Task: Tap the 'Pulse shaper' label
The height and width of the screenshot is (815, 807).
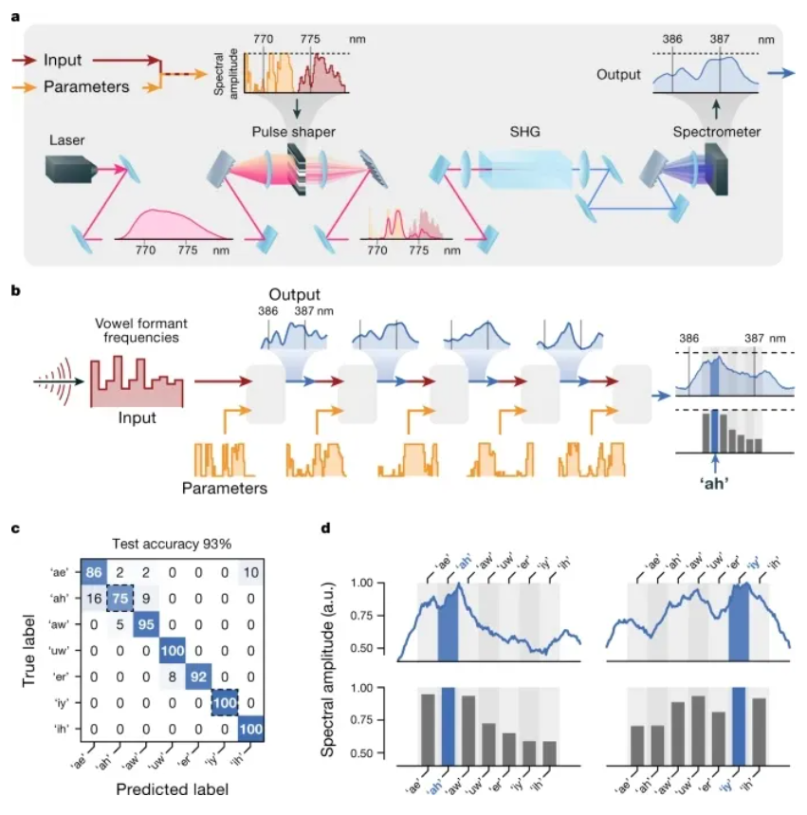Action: pyautogui.click(x=294, y=132)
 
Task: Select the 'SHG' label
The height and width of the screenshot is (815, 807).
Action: pyautogui.click(x=524, y=132)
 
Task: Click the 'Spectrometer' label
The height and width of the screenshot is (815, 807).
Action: pyautogui.click(x=717, y=132)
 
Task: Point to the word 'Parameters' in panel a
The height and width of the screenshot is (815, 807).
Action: pyautogui.click(x=86, y=86)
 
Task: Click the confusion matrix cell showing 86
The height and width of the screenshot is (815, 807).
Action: pyautogui.click(x=94, y=572)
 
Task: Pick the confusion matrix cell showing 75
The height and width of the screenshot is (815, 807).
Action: pyautogui.click(x=120, y=599)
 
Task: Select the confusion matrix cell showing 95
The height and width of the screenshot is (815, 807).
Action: pyautogui.click(x=146, y=624)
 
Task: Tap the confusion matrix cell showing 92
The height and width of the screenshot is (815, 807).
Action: pyautogui.click(x=198, y=676)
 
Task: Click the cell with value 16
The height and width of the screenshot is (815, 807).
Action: pyautogui.click(x=94, y=599)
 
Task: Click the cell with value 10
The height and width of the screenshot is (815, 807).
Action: pyautogui.click(x=251, y=572)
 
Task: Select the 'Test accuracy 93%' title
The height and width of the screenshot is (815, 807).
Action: pyautogui.click(x=172, y=545)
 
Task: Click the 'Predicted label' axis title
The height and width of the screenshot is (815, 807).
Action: pyautogui.click(x=172, y=789)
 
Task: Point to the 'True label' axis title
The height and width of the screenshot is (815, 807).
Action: pyautogui.click(x=28, y=651)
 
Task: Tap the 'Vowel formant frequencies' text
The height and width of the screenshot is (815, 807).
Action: pyautogui.click(x=141, y=330)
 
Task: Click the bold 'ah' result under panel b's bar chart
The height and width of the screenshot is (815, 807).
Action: pyautogui.click(x=714, y=484)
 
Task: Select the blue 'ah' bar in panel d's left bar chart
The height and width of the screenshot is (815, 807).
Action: pyautogui.click(x=448, y=726)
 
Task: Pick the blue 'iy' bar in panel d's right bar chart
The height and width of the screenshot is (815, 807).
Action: pyautogui.click(x=739, y=726)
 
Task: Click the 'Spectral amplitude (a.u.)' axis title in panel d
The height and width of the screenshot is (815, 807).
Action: pyautogui.click(x=327, y=670)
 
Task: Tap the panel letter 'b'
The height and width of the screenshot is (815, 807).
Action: pyautogui.click(x=15, y=290)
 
